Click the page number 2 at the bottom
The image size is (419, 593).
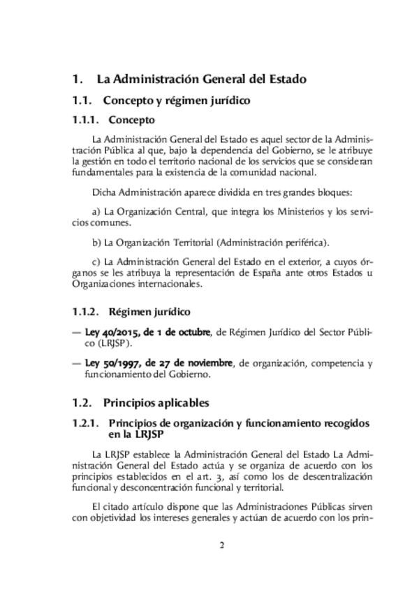click(x=221, y=546)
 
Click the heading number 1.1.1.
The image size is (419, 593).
click(x=87, y=120)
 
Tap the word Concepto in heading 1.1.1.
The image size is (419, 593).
click(x=132, y=120)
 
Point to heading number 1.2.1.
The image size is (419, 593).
click(x=87, y=424)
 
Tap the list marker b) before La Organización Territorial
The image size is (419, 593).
click(x=96, y=243)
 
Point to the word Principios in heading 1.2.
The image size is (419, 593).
click(x=127, y=403)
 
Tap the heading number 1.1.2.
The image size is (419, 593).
click(x=87, y=312)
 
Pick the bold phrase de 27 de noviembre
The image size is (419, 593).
click(x=198, y=363)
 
